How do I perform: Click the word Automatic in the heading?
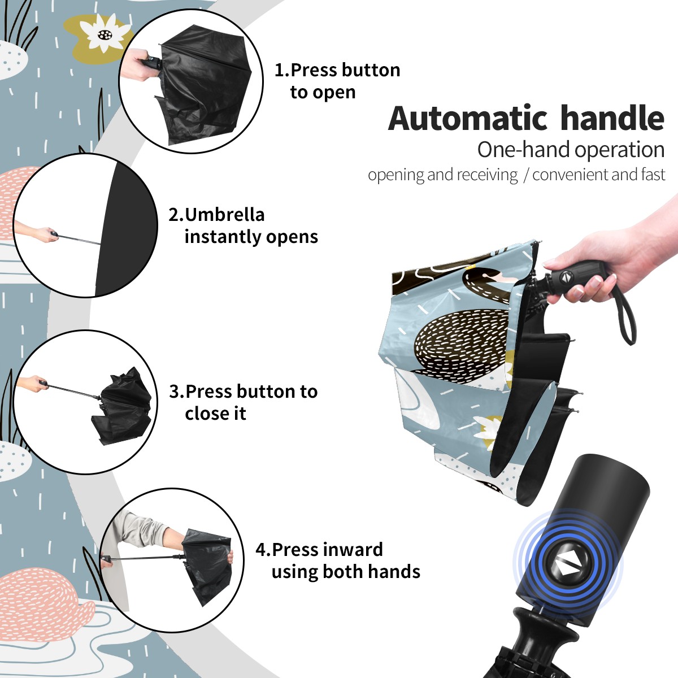pyautogui.click(x=468, y=118)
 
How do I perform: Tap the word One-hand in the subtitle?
pyautogui.click(x=524, y=150)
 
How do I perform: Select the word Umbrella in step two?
pyautogui.click(x=224, y=215)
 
